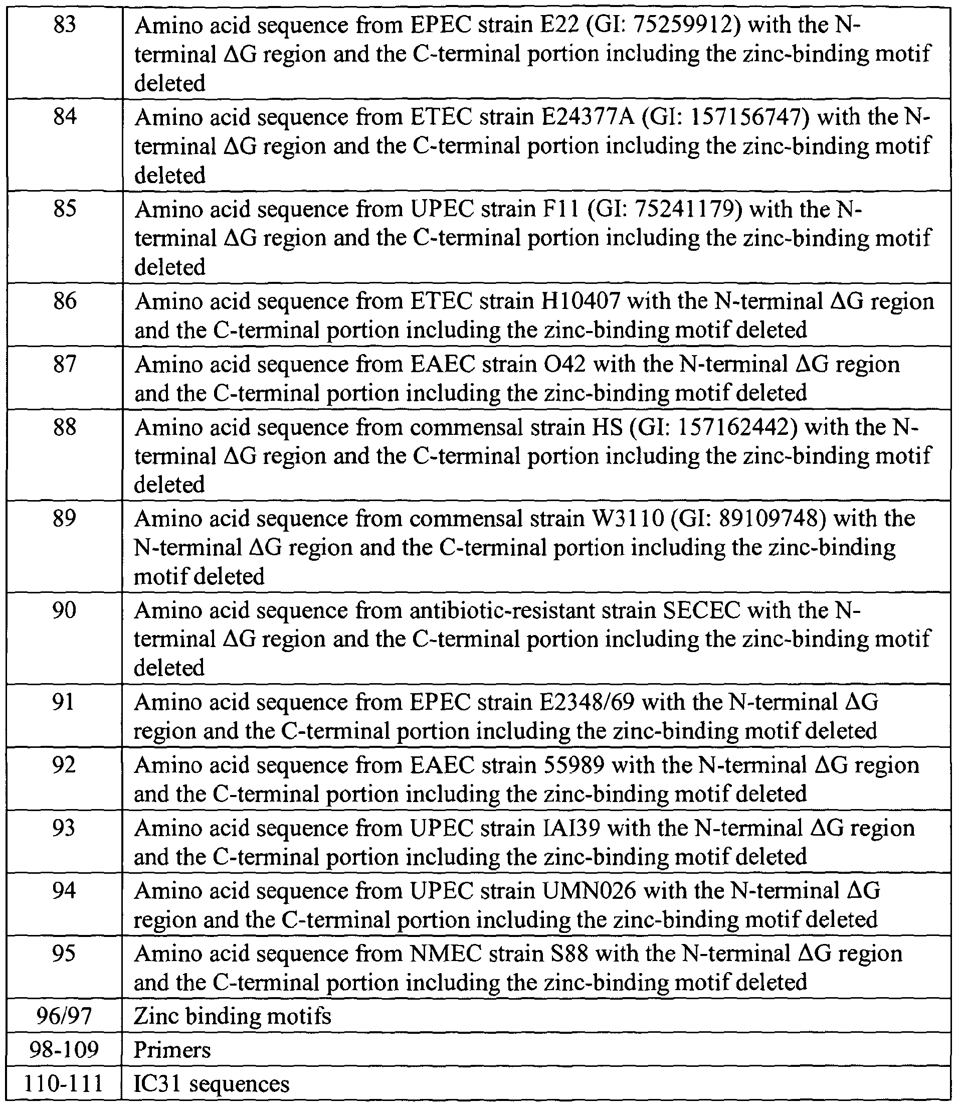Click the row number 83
click(65, 25)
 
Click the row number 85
click(65, 209)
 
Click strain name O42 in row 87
click(559, 364)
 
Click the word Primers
click(172, 1050)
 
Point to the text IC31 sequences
click(212, 1083)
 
